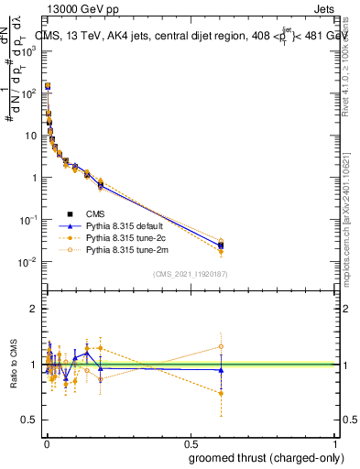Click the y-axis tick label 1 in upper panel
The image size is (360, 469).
click(x=35, y=178)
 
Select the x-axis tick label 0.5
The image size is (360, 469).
click(x=190, y=442)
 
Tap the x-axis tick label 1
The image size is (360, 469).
click(x=335, y=442)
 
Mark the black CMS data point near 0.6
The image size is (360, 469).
click(x=221, y=245)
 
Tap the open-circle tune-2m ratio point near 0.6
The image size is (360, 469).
click(x=221, y=346)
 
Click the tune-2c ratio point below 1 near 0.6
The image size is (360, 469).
click(x=221, y=393)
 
